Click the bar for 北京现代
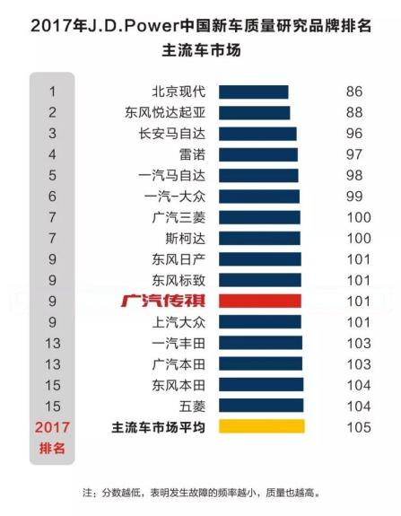tap(253, 92)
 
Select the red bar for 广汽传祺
tap(259, 301)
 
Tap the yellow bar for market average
tap(261, 427)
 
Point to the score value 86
tap(353, 92)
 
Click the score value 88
tap(353, 112)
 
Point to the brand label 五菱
tap(192, 406)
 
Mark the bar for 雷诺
tap(257, 154)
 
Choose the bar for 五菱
tap(261, 406)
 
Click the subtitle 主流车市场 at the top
tap(201, 50)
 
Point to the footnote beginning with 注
tap(201, 493)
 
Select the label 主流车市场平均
tap(157, 427)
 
